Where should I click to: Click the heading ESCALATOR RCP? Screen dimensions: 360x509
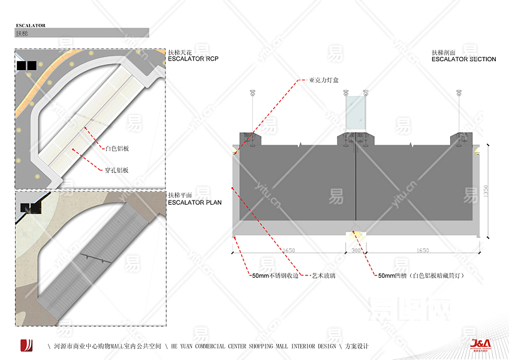tap(193, 59)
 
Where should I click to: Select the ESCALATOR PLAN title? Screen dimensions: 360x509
tap(195, 202)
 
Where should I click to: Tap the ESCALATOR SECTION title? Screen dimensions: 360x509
tap(463, 59)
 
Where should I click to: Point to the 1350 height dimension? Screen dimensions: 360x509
tap(486, 191)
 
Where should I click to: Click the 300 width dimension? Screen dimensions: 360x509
tap(357, 250)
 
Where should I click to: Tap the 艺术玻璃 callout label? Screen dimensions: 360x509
tap(324, 276)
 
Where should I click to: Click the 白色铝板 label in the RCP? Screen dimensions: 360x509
tap(117, 148)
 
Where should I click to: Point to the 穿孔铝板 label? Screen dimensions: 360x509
tap(117, 170)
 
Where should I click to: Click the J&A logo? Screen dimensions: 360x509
tap(481, 344)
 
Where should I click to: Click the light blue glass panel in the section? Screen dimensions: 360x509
tap(356, 112)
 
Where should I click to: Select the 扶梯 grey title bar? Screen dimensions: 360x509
tap(82, 33)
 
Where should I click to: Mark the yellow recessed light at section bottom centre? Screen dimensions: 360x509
tap(357, 235)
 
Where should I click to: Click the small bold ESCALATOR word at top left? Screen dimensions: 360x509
tap(31, 26)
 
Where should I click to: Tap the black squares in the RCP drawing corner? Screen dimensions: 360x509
tap(26, 65)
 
